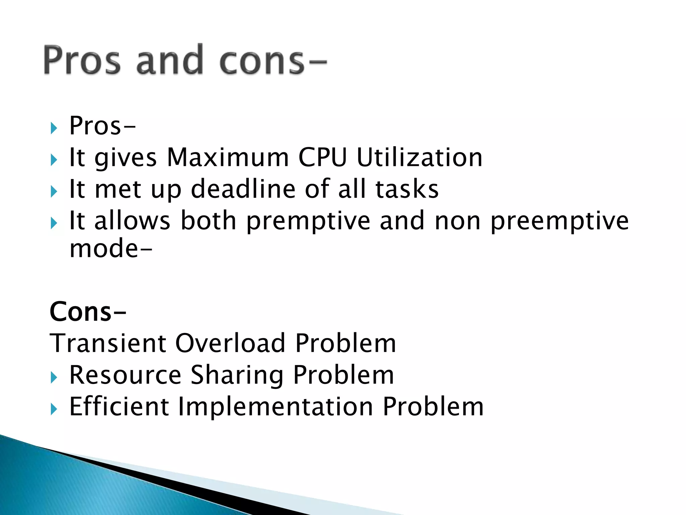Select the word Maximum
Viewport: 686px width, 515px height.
tap(228, 157)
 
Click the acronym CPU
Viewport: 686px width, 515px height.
tap(322, 157)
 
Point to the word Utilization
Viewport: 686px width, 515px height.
tap(419, 157)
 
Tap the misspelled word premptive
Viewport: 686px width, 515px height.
tap(308, 221)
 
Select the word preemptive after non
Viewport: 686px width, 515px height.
tap(559, 221)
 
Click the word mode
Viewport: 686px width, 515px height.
tap(104, 248)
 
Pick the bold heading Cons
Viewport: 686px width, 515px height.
tap(81, 312)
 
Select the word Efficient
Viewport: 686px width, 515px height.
tap(119, 406)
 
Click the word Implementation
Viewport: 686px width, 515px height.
tap(275, 406)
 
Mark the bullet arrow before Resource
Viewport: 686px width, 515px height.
tap(54, 378)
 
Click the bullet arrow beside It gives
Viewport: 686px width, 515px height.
tap(54, 160)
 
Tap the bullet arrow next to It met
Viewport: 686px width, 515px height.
tap(54, 191)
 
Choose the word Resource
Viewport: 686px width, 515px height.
tap(125, 375)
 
